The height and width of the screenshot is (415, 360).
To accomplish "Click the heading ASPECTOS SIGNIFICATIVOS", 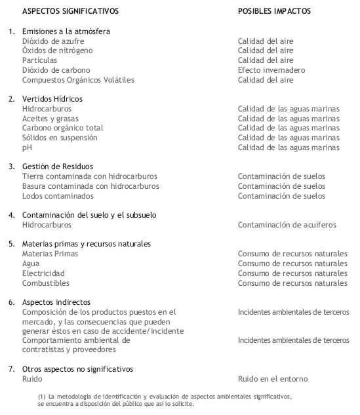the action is click(71, 11).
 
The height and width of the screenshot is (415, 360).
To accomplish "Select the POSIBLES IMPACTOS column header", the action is click(274, 11).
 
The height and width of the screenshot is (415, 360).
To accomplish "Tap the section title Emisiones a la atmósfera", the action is click(66, 31).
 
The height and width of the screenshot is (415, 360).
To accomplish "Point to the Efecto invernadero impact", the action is click(271, 70).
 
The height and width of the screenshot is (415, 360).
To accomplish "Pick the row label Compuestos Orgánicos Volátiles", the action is click(78, 80).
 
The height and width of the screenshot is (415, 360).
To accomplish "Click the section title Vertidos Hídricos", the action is click(53, 99).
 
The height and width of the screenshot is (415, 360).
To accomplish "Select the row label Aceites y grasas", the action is click(50, 118).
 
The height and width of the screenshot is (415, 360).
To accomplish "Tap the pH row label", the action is click(26, 148).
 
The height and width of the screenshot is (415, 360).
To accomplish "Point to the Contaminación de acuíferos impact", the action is click(287, 225).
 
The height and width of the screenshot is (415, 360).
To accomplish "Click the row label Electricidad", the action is click(43, 273).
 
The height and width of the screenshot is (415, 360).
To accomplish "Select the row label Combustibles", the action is click(46, 283).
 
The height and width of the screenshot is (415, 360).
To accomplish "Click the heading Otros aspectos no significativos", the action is click(77, 369).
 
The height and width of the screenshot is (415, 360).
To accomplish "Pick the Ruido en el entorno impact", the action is click(273, 379).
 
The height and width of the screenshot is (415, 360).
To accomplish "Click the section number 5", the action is click(12, 244).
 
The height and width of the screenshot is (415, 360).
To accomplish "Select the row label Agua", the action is click(31, 264).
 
